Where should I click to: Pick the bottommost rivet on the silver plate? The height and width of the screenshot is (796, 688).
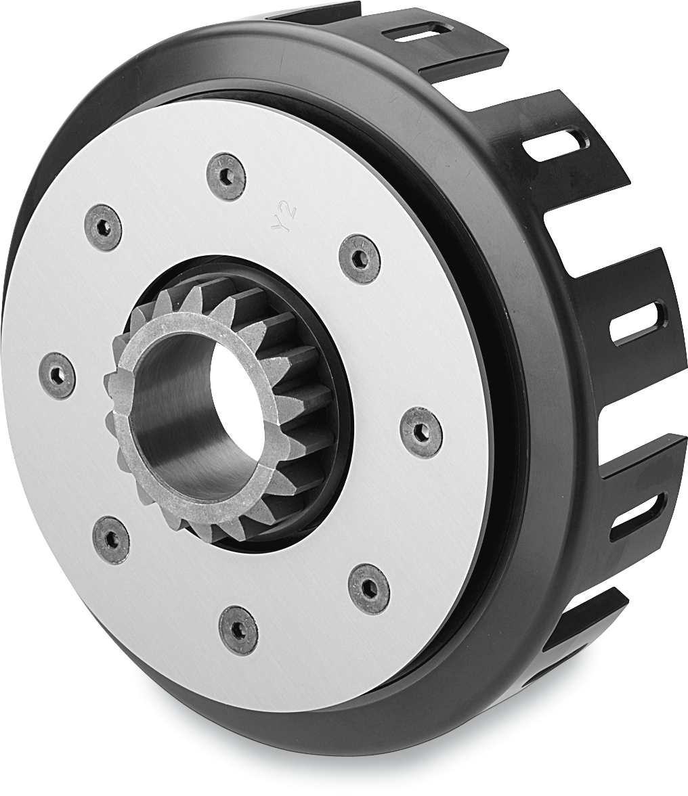pyautogui.click(x=238, y=629)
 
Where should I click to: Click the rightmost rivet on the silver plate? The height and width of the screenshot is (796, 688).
pyautogui.click(x=421, y=432)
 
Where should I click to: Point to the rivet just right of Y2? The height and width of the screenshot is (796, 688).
pyautogui.click(x=359, y=258)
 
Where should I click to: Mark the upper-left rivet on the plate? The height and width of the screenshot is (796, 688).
pyautogui.click(x=104, y=227)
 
